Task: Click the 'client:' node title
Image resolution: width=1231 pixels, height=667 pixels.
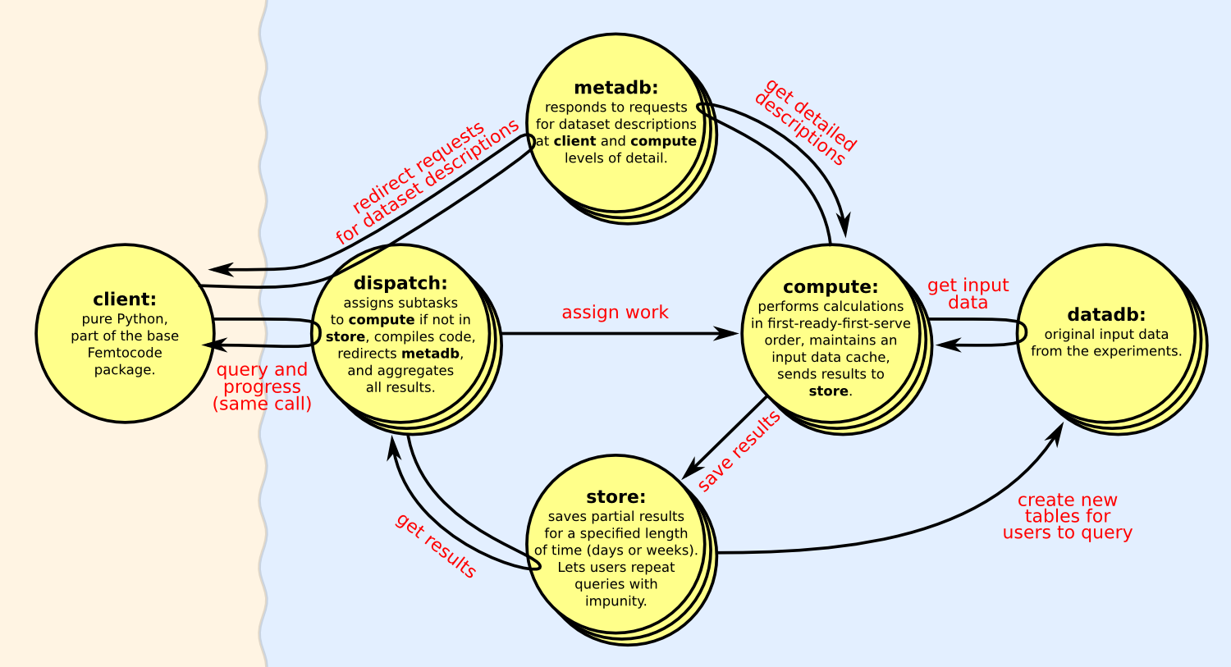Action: [x=125, y=299]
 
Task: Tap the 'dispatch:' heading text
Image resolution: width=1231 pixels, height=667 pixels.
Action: [x=400, y=284]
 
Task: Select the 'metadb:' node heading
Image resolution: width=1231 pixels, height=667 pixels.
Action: [x=615, y=88]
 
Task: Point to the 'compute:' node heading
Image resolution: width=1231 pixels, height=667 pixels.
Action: [x=831, y=287]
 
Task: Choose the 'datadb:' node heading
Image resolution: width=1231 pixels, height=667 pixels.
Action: [x=1106, y=315]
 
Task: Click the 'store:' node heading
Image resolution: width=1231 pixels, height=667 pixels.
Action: [x=615, y=497]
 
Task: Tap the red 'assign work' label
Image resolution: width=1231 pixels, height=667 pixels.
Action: [x=615, y=313]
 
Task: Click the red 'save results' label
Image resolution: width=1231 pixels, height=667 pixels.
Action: [x=739, y=451]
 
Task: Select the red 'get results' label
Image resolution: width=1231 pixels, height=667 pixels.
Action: [x=436, y=546]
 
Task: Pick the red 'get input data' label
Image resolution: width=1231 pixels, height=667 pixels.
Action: [x=968, y=294]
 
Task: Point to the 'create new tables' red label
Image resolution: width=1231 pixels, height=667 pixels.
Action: [x=1067, y=516]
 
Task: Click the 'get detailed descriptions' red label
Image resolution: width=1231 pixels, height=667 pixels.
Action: [x=805, y=122]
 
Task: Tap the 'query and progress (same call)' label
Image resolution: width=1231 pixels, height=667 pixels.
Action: [x=262, y=386]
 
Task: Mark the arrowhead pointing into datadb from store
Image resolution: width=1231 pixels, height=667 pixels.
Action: [x=1058, y=432]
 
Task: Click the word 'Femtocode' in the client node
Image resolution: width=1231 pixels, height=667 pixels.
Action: [x=125, y=353]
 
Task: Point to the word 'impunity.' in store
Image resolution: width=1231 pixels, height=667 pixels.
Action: [x=615, y=601]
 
